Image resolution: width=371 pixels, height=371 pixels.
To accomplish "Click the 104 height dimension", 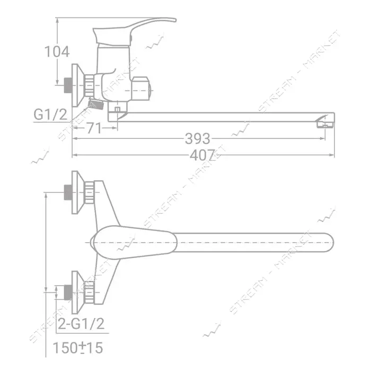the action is point(57,51).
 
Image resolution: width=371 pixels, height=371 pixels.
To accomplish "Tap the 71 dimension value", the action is point(94,128).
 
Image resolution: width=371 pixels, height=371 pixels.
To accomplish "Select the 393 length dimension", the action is point(197,139).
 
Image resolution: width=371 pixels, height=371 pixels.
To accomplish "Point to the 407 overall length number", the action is point(202,155).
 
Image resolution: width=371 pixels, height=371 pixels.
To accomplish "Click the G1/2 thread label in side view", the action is point(51,114).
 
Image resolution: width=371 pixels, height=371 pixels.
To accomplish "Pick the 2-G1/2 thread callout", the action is point(81,324).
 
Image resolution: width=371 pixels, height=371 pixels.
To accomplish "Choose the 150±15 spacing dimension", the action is point(78,348).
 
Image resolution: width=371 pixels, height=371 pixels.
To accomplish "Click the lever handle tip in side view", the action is point(174,20).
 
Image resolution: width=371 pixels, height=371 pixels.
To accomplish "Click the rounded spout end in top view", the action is point(330,243).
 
